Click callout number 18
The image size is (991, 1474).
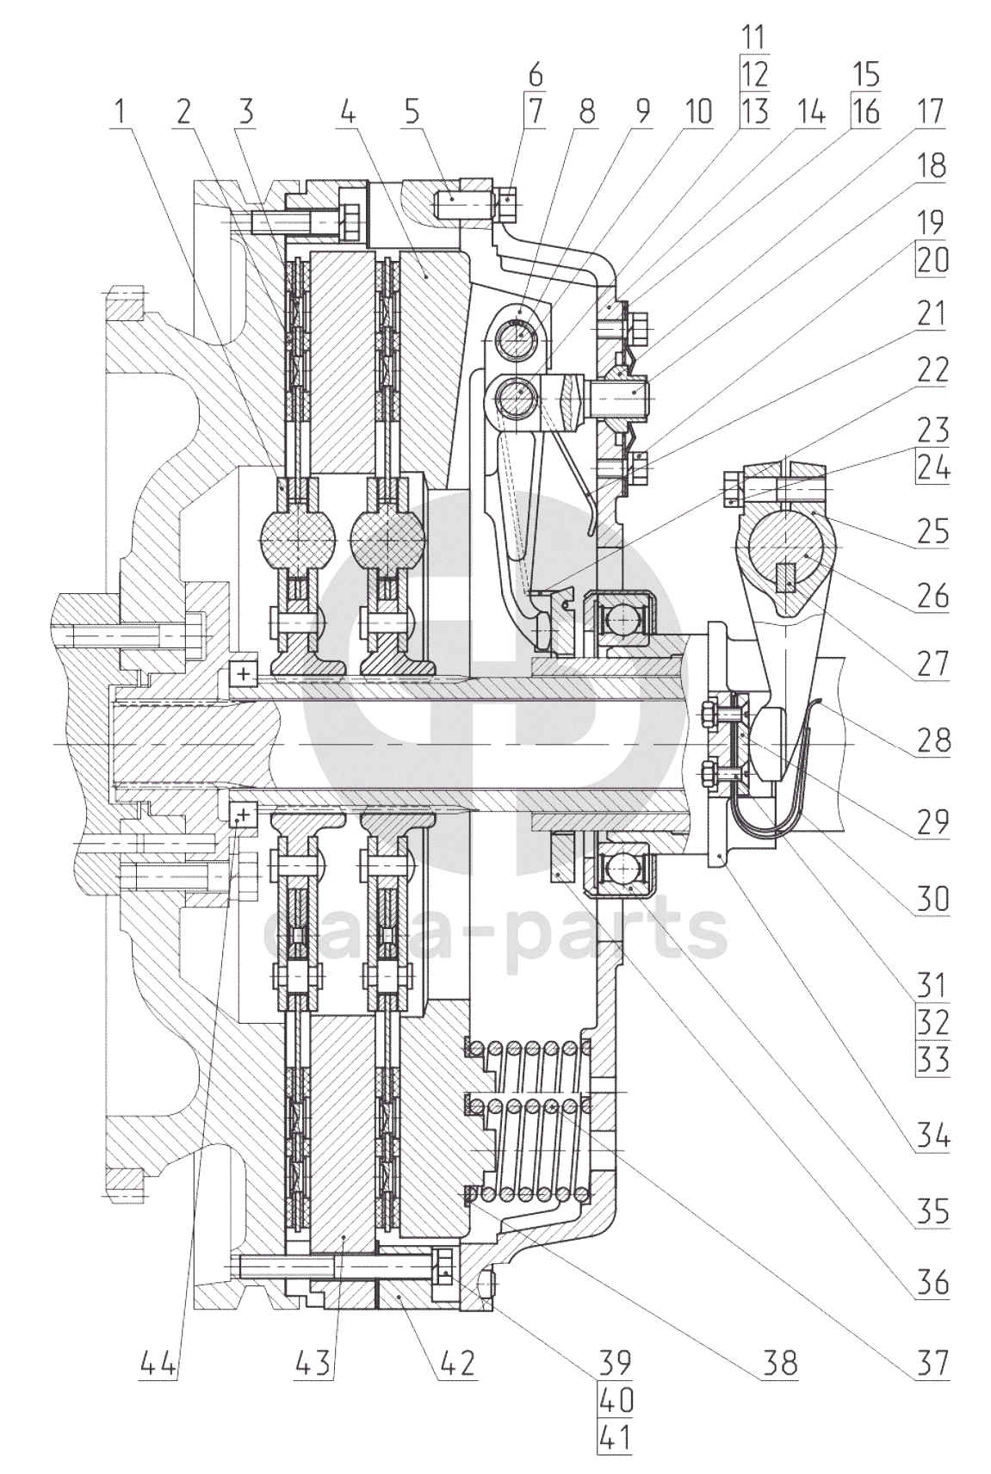pos(932,166)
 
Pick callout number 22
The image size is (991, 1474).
pos(932,370)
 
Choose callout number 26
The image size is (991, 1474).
pos(932,594)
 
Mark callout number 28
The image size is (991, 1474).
pos(932,740)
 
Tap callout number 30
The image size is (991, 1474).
pos(932,899)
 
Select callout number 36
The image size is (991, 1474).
pos(932,1283)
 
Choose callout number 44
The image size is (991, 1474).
pos(161,1363)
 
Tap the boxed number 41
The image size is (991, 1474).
pos(615,1439)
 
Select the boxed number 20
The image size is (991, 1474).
pos(932,260)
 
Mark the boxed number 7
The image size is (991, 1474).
pos(536,112)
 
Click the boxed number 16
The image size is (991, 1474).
pos(866,112)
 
